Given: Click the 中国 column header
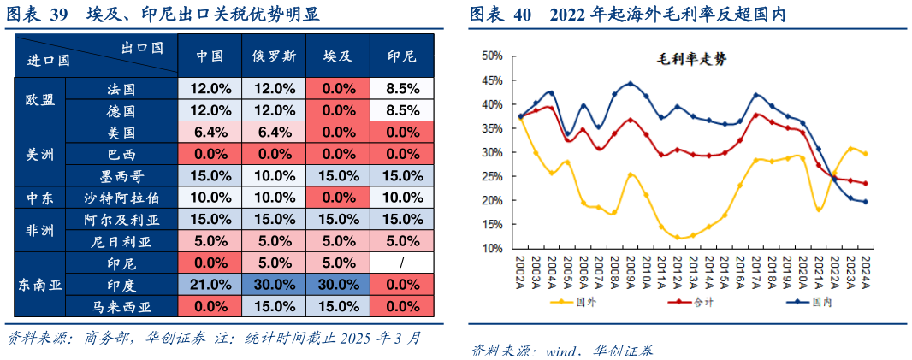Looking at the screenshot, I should pyautogui.click(x=210, y=56).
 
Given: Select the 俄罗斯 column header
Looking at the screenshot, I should pyautogui.click(x=274, y=56).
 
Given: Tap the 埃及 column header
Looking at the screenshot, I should pyautogui.click(x=339, y=56).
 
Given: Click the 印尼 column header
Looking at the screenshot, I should pyautogui.click(x=402, y=56).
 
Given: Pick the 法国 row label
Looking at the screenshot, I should pyautogui.click(x=121, y=89).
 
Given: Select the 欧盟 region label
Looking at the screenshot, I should pyautogui.click(x=40, y=99).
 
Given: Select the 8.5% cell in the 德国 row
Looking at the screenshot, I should pyautogui.click(x=402, y=110).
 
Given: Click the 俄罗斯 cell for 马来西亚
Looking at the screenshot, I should pyautogui.click(x=274, y=306).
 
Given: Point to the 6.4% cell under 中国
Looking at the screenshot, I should pyautogui.click(x=210, y=133).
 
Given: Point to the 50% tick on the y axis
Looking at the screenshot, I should pyautogui.click(x=491, y=56).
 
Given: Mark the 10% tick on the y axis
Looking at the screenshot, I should pyautogui.click(x=491, y=249).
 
